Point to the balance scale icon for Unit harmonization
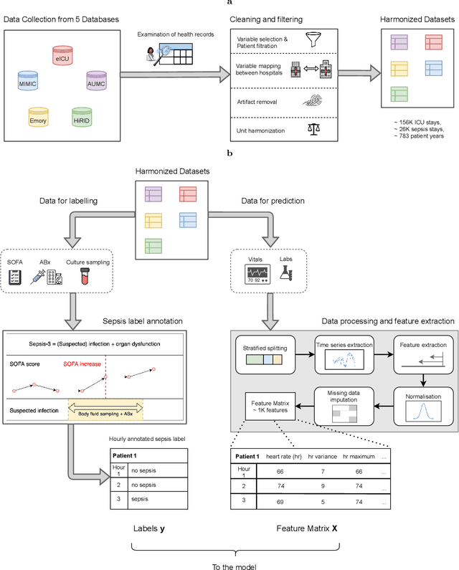[314, 130]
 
